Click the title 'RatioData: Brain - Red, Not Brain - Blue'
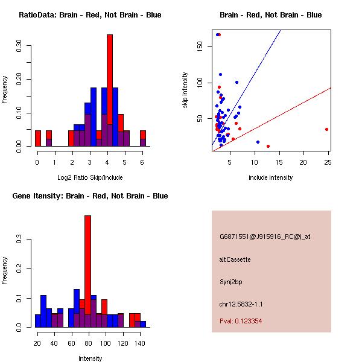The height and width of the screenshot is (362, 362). point(89,15)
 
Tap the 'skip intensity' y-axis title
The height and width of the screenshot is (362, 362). point(186,91)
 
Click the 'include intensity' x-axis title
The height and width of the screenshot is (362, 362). point(270,177)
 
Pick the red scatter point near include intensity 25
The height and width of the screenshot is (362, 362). point(326,129)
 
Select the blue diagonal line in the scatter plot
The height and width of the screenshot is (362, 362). point(253,72)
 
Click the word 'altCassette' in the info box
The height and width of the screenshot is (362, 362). point(235,259)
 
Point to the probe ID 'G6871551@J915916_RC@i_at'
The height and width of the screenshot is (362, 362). point(265,237)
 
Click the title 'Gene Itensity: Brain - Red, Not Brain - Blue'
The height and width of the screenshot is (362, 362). point(89,196)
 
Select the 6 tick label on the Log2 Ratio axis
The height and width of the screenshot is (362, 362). point(142,162)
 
